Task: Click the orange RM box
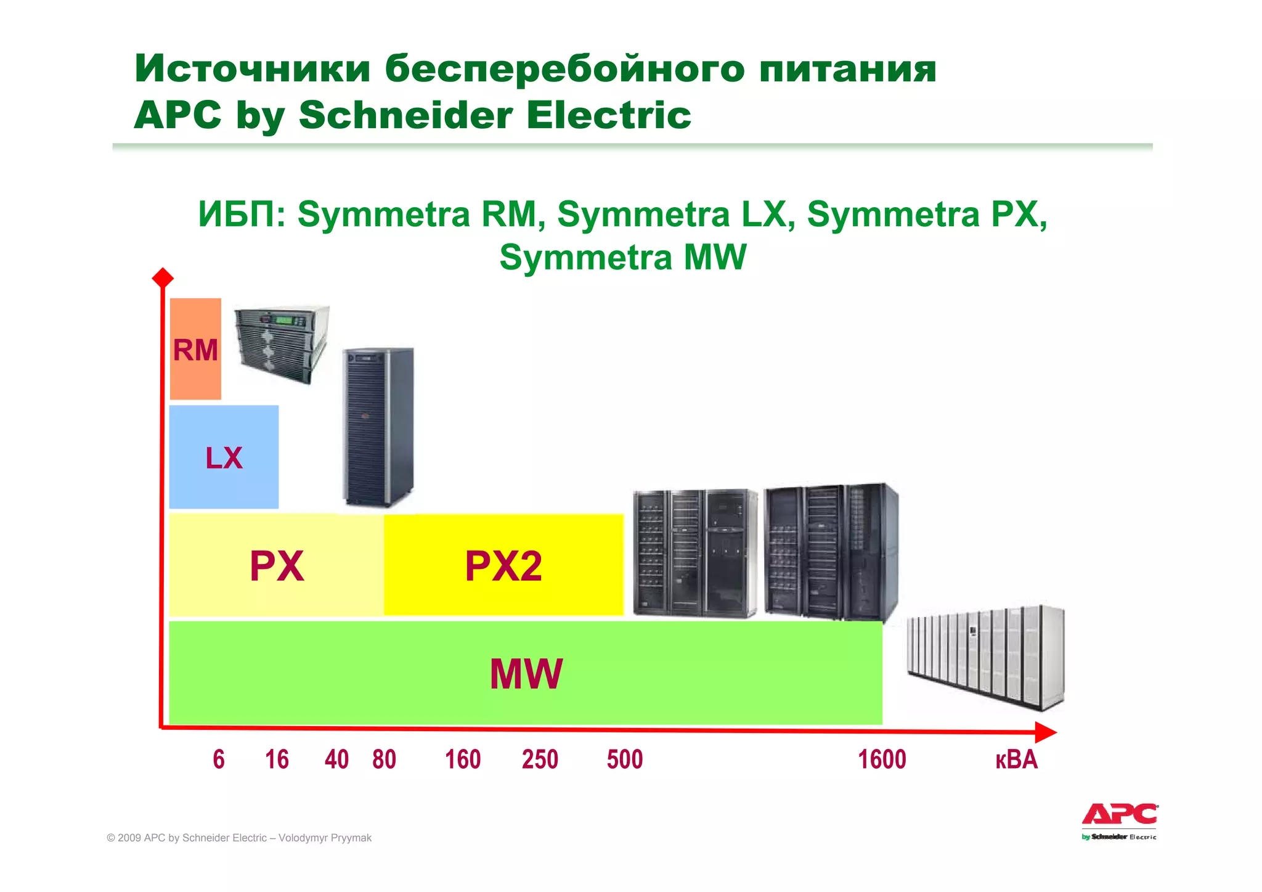[195, 349]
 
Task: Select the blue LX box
[224, 457]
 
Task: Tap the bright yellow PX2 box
[503, 565]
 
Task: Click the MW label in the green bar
[526, 674]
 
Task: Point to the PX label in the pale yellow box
[277, 566]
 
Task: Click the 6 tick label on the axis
[219, 759]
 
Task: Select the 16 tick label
[277, 759]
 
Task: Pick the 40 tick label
[336, 759]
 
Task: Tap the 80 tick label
[384, 759]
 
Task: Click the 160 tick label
[463, 759]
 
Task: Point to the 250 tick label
[540, 759]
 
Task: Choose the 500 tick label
[625, 759]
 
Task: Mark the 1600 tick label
[882, 759]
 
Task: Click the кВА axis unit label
[1016, 759]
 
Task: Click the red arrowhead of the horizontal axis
[1045, 732]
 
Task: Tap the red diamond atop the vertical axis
[163, 278]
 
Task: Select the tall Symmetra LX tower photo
[378, 427]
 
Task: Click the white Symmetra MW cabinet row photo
[985, 657]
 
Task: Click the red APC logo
[1120, 815]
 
